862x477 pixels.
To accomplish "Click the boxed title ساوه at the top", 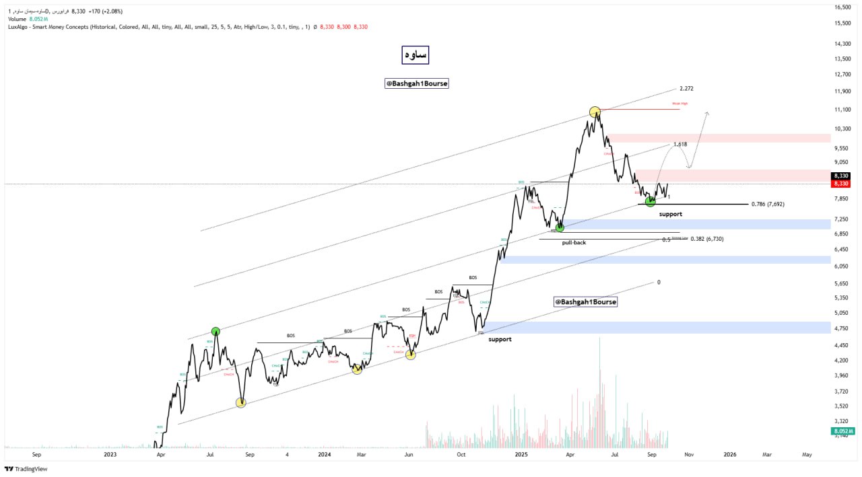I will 415,55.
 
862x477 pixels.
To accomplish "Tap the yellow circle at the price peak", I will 595,112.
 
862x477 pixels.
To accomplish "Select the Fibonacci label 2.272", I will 686,89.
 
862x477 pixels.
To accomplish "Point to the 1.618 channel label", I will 679,145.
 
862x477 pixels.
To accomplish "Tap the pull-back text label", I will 574,242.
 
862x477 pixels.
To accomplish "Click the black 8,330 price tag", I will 840,176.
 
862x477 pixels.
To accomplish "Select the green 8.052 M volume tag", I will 842,431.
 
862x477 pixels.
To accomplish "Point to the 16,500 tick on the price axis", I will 842,7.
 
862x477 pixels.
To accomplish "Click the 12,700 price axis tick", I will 842,75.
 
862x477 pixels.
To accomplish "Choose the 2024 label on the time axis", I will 324,455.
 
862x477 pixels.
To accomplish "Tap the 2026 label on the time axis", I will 729,455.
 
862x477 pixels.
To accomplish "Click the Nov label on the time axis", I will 689,455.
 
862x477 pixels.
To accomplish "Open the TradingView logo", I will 26,469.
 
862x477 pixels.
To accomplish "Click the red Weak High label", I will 679,104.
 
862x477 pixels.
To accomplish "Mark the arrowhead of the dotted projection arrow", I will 706,114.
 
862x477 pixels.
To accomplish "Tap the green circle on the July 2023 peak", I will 215,331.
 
